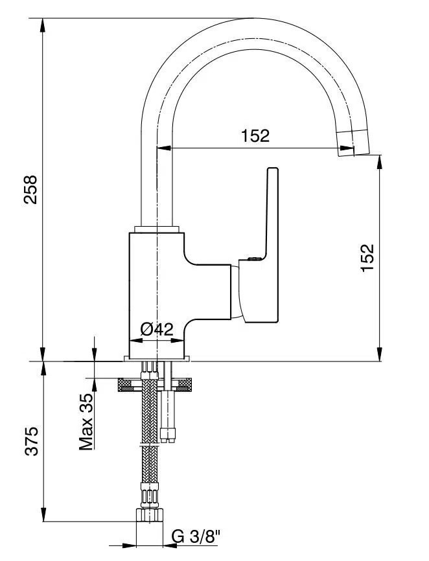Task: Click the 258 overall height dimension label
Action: [x=31, y=189]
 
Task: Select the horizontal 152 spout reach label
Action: [x=255, y=136]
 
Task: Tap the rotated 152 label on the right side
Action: [x=367, y=258]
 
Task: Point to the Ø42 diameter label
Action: [x=157, y=329]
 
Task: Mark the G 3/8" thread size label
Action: [x=196, y=536]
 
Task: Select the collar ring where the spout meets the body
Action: [x=157, y=229]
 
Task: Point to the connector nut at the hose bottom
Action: [x=150, y=515]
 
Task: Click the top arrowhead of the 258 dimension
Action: [x=43, y=24]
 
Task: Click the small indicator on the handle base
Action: [x=252, y=259]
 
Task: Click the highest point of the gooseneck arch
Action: [x=253, y=19]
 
